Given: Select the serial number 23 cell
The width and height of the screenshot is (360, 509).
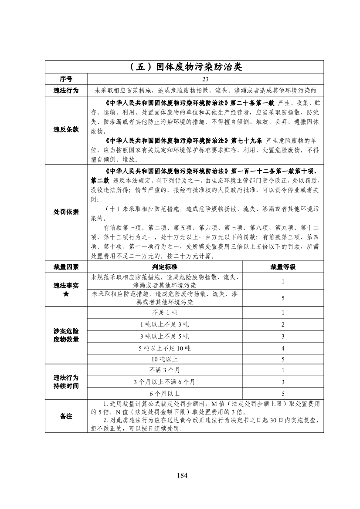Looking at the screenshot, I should tap(205, 79).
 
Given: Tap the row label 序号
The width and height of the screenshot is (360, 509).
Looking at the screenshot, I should tap(66, 79).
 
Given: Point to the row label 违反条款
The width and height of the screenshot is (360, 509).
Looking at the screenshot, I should tap(66, 130).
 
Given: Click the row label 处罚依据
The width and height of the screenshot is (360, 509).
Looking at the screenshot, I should tap(66, 212).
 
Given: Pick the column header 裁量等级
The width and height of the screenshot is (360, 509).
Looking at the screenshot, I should tap(283, 267).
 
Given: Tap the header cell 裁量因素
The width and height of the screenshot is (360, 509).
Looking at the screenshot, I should tap(66, 267).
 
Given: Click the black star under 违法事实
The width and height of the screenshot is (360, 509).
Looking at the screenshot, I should tap(66, 294).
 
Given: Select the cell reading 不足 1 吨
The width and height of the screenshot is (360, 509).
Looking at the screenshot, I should tap(165, 313).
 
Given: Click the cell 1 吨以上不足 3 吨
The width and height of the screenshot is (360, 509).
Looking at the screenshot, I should tap(165, 324).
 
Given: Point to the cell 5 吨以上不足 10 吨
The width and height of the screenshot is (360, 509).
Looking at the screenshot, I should tap(165, 348).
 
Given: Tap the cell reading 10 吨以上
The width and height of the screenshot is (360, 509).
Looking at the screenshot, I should tap(165, 360).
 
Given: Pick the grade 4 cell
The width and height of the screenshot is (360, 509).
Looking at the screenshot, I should tap(283, 348).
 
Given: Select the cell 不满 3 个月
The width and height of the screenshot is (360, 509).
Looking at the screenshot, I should tap(165, 371).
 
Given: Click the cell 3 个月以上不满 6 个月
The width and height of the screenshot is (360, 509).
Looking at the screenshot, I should tap(165, 382).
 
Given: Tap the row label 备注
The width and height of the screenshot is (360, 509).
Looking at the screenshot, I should tap(66, 416).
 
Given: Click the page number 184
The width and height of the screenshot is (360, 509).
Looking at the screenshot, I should tap(182, 475).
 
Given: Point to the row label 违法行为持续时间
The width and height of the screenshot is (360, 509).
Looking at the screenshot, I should tap(66, 382).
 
